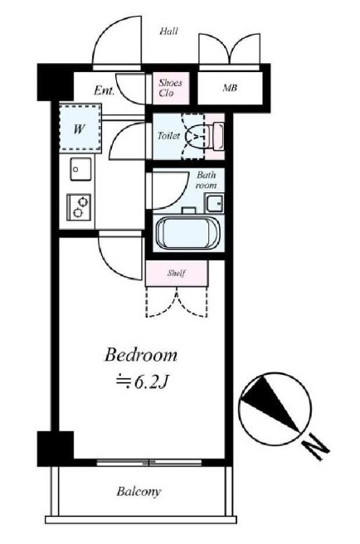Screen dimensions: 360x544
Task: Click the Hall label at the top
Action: [168, 32]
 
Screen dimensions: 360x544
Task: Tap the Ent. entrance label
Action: [105, 91]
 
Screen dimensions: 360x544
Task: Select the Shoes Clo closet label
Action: [170, 88]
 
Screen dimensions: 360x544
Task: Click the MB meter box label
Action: [230, 88]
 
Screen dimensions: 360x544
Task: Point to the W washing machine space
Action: [79, 129]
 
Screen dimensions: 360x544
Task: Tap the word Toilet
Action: [168, 136]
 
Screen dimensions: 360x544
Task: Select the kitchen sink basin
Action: [81, 169]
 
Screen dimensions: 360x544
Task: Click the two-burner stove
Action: [79, 206]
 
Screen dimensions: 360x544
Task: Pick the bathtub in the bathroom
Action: [187, 232]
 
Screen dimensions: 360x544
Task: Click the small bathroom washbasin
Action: [215, 202]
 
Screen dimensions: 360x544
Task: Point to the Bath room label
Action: [207, 180]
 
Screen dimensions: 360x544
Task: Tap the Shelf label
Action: [177, 274]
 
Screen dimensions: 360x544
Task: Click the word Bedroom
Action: [141, 355]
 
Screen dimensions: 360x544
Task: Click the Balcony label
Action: [139, 492]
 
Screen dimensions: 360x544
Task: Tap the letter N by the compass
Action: [315, 450]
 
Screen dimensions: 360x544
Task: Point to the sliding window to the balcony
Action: [148, 463]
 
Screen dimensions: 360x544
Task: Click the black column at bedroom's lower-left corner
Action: [56, 449]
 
